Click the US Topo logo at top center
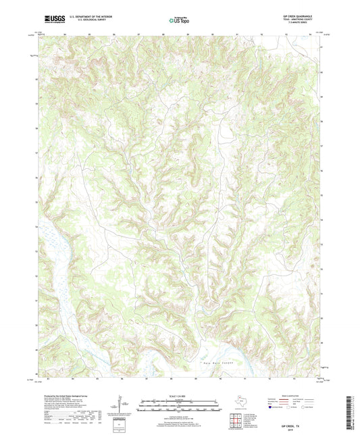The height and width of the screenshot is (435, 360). pos(176,20)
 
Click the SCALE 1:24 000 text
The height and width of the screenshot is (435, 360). pos(179,396)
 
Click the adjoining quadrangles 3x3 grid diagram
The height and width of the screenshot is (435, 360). pos(236,419)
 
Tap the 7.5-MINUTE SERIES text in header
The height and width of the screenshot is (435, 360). pos(297,22)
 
